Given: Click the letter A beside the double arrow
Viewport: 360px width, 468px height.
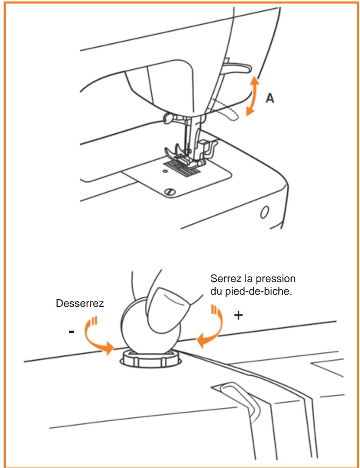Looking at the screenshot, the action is (x=270, y=98).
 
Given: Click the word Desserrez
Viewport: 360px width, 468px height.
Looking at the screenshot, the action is (x=80, y=303).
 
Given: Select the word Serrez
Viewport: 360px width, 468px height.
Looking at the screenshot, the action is (x=226, y=279).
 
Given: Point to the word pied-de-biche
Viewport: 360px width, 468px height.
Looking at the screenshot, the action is (x=258, y=292).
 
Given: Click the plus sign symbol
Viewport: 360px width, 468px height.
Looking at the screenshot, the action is (x=238, y=316).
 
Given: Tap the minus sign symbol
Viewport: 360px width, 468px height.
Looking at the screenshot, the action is (x=71, y=332).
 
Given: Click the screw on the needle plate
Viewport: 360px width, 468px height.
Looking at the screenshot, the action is (x=170, y=192).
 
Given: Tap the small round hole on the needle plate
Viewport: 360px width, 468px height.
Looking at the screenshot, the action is (x=165, y=171).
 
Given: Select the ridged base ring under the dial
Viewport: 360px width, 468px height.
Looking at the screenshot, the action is (x=151, y=358).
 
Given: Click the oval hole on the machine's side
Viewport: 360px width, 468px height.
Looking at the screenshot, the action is (x=265, y=212).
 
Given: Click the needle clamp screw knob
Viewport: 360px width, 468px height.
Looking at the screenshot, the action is (x=168, y=118).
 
